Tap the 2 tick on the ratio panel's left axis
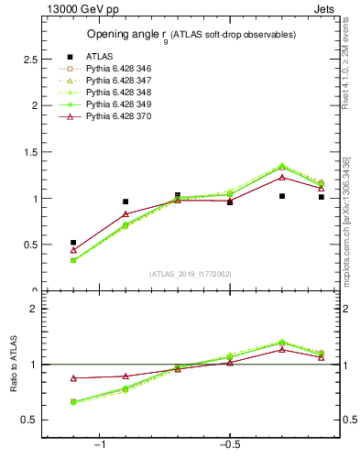(35, 309)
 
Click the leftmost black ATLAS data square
(73, 243)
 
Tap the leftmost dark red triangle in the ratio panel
(73, 378)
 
